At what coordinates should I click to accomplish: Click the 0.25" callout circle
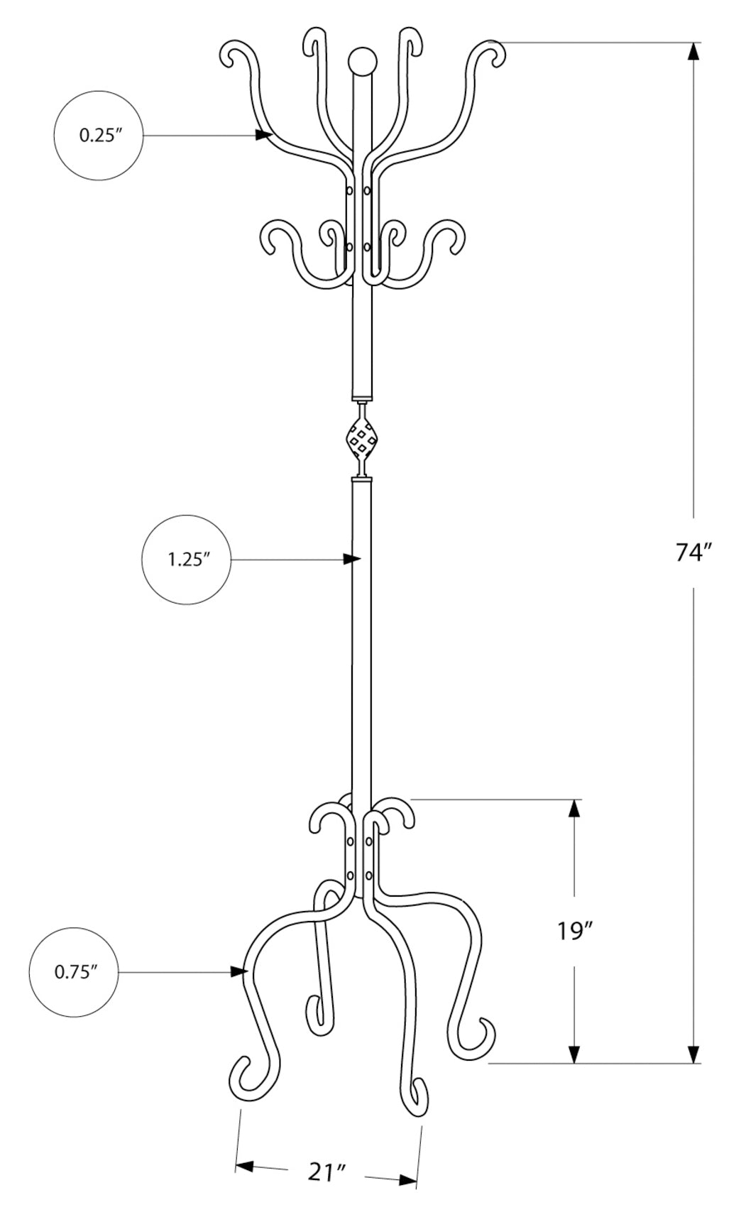pos(98,135)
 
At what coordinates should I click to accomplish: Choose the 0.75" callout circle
pos(74,971)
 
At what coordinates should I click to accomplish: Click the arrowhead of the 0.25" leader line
pos(265,134)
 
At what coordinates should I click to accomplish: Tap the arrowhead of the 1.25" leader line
pos(353,560)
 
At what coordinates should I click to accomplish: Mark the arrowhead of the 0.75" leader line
pos(238,971)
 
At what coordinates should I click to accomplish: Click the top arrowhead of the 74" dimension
pos(693,52)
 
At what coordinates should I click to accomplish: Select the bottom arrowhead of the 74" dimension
pos(693,1054)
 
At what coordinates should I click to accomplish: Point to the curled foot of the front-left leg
pos(243,1076)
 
